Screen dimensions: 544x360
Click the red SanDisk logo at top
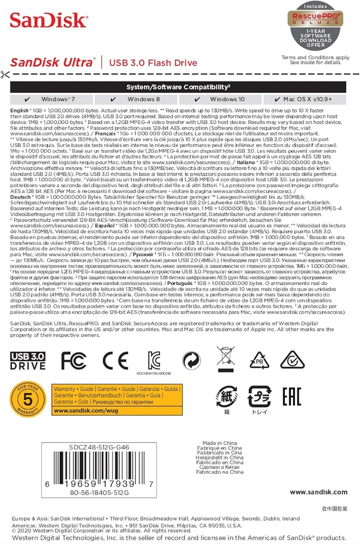48,21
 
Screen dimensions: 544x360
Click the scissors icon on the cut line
5,75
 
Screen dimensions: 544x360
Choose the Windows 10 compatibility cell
222,100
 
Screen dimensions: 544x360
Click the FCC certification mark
74,360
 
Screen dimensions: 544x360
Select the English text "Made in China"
220,443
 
